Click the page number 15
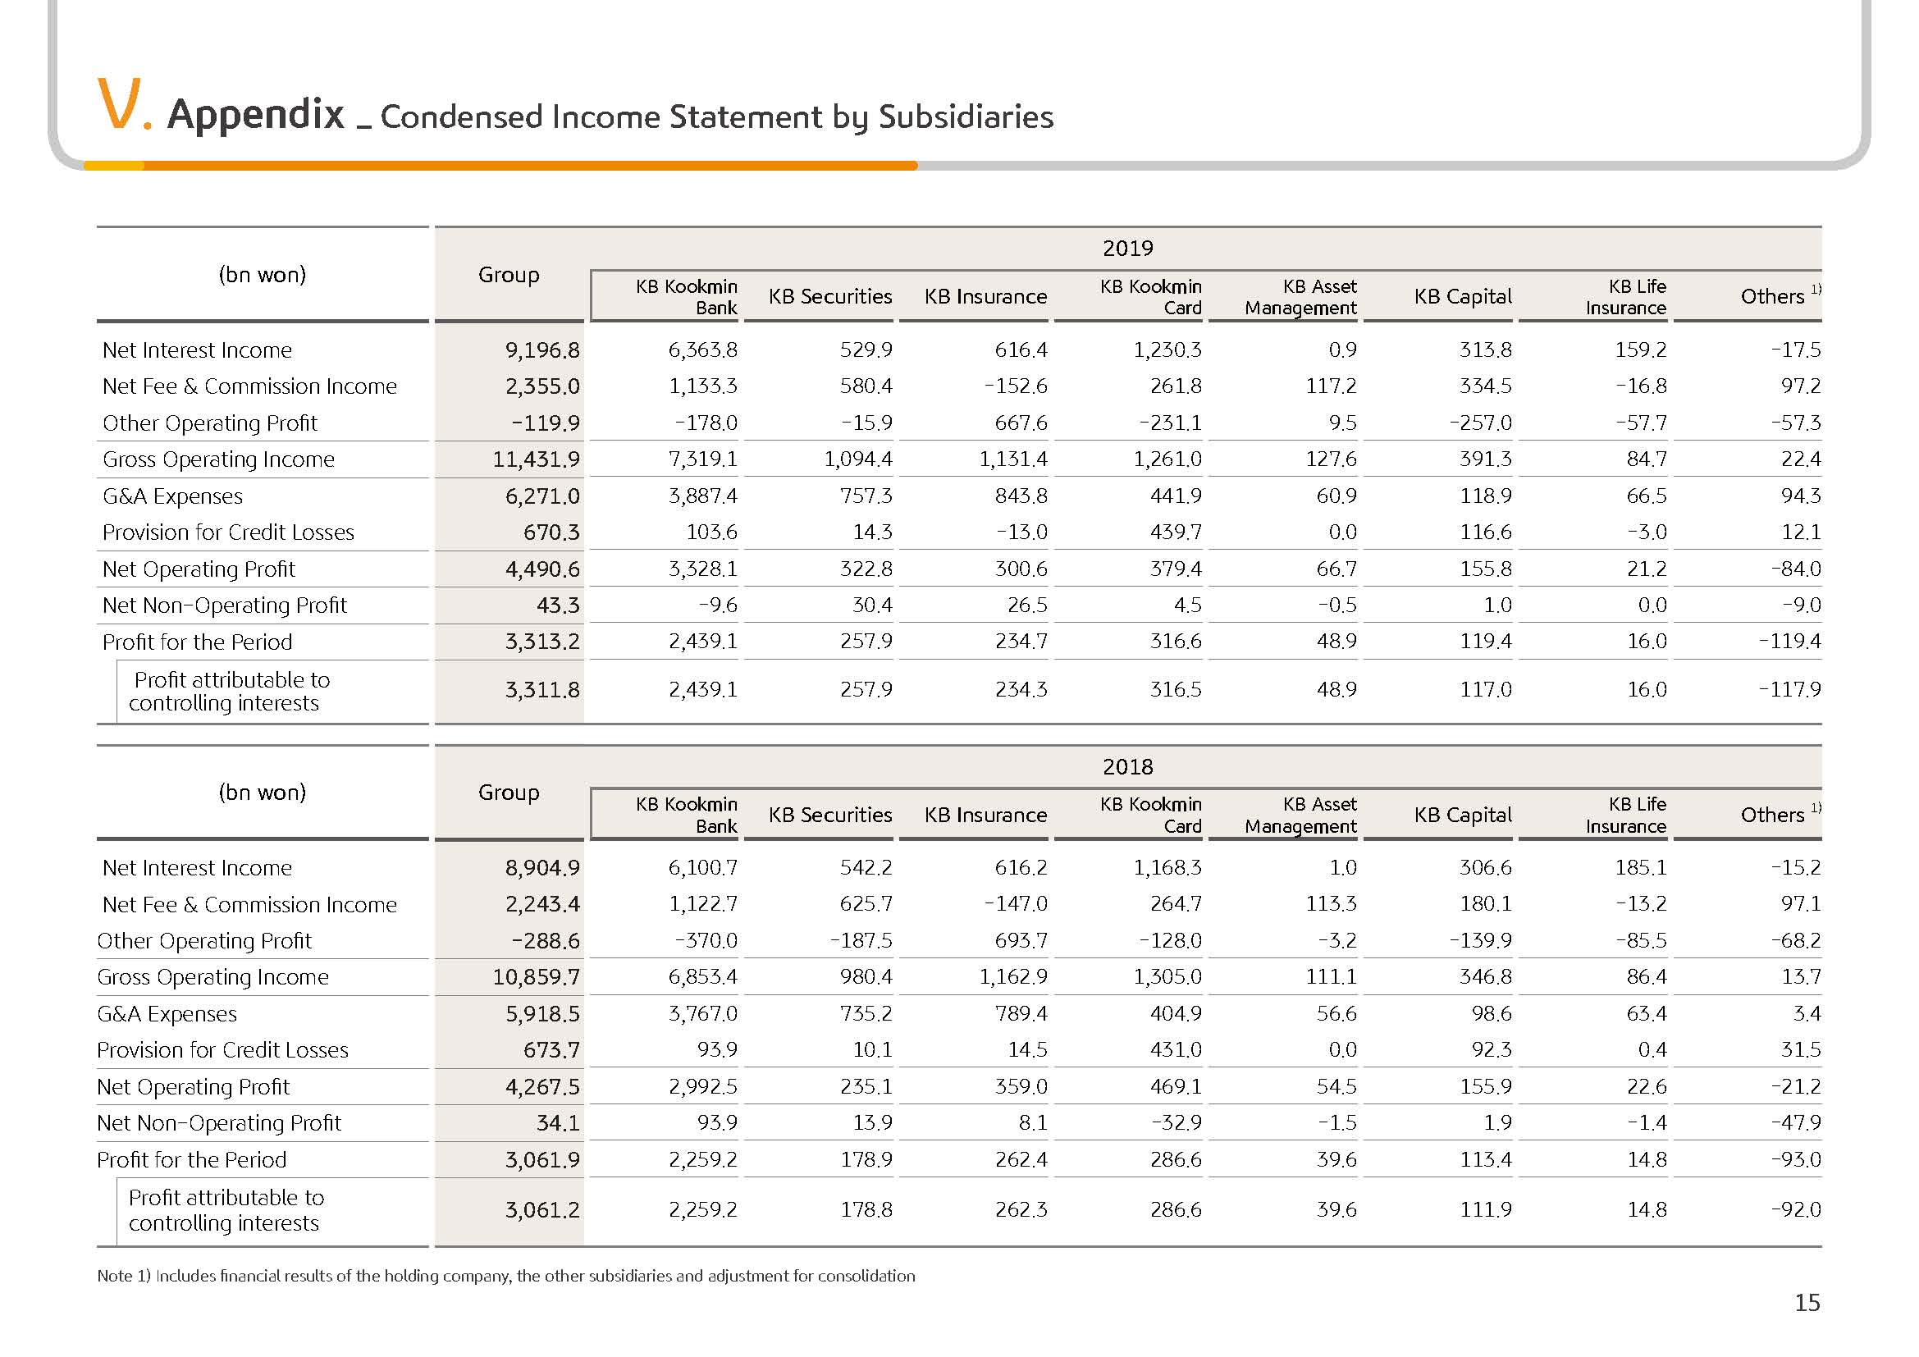pos(1807,1303)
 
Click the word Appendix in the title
pos(256,115)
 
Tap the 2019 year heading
pos(1127,248)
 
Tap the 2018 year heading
pos(1127,766)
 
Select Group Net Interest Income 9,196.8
pos(542,350)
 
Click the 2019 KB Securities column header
pos(830,297)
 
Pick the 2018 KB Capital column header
pos(1463,815)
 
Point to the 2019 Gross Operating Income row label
pos(218,459)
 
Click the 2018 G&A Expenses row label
pos(167,1013)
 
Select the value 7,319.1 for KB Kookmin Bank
pos(703,459)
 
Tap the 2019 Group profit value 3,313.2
pos(542,642)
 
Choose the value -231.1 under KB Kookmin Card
pos(1170,423)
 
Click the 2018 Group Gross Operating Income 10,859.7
pos(536,977)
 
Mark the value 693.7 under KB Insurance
pos(1021,940)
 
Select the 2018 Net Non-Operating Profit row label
pos(219,1123)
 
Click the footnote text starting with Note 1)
pos(505,1276)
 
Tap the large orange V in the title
pos(117,104)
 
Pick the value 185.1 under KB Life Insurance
pos(1641,867)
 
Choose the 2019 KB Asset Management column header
pos(1300,297)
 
